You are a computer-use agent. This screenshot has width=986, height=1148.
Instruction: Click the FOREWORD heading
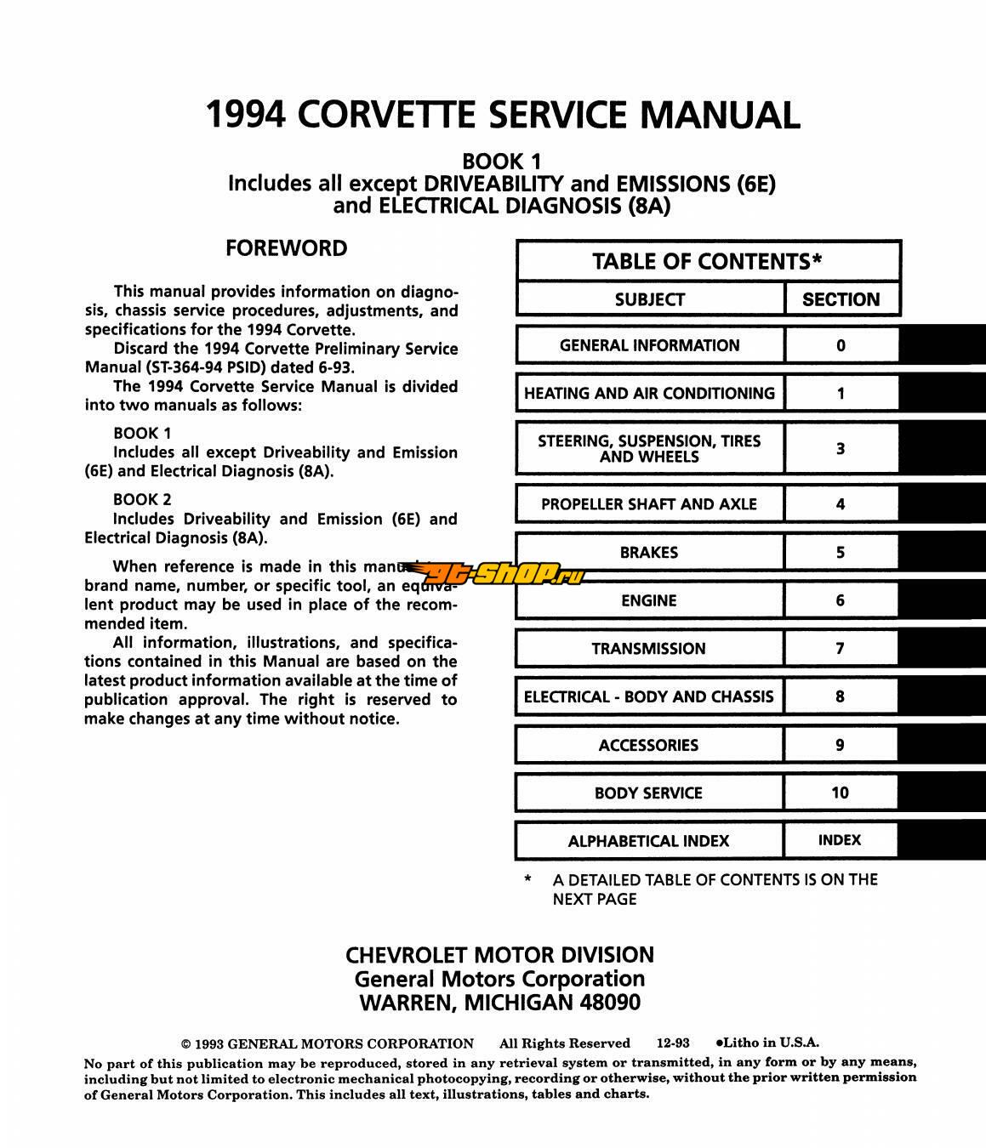click(x=286, y=248)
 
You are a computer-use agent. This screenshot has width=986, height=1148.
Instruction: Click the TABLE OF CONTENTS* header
click(x=707, y=261)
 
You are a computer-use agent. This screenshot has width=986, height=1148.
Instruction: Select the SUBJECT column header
click(x=649, y=299)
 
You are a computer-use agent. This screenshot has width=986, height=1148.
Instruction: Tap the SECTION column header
click(x=841, y=299)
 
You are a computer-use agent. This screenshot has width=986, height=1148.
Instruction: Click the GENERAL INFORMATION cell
click(x=649, y=345)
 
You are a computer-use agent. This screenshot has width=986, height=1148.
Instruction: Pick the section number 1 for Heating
click(x=841, y=393)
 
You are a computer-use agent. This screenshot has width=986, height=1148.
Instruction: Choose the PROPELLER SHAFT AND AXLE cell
click(x=649, y=504)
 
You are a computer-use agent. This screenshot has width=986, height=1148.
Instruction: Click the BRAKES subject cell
click(x=649, y=553)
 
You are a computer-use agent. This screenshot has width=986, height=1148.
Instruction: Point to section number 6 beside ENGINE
click(x=841, y=600)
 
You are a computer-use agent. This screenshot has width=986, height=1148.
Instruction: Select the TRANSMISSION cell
click(x=649, y=649)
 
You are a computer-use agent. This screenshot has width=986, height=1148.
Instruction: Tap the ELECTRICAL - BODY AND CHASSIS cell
click(x=649, y=697)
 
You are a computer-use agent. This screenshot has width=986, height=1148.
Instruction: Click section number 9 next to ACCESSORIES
click(x=841, y=745)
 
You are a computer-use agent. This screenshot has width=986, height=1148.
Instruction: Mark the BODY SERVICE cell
click(x=649, y=793)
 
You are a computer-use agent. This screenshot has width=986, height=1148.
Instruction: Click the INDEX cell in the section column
click(x=841, y=840)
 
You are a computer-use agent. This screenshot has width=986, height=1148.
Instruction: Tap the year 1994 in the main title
click(x=246, y=115)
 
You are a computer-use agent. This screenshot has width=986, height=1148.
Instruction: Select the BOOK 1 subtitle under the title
click(x=501, y=161)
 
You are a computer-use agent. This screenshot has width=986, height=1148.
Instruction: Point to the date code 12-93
click(x=673, y=1043)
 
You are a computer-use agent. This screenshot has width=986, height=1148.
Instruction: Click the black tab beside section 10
click(x=942, y=793)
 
